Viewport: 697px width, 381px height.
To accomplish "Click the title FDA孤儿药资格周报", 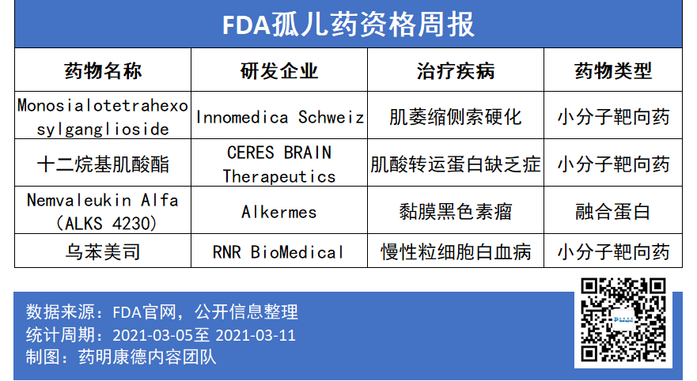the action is pos(348,25).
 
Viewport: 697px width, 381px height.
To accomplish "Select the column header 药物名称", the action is pos(103,71).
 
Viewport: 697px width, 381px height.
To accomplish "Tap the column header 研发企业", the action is pos(279,71).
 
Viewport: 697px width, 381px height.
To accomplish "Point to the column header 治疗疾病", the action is pos(456,71).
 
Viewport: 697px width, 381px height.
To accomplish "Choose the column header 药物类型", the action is pos(613,71).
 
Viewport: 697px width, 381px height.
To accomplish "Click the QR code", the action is pos(623,320).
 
